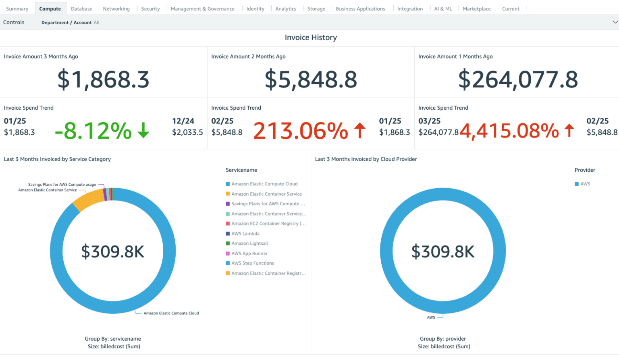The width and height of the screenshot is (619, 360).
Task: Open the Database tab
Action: click(81, 8)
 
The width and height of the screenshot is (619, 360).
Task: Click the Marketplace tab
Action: click(476, 8)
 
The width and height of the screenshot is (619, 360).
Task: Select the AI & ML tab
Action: click(442, 8)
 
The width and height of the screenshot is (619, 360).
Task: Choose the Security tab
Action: click(150, 8)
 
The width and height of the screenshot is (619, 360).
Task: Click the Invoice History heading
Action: click(310, 37)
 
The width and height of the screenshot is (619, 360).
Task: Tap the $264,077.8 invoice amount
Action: click(518, 79)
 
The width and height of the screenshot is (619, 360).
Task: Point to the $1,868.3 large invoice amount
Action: click(103, 79)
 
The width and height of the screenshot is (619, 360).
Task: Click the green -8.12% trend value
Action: click(93, 131)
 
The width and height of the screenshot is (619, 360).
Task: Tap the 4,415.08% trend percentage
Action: click(509, 131)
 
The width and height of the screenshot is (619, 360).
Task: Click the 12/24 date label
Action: click(183, 121)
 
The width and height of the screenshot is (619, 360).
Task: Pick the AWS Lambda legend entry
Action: click(245, 233)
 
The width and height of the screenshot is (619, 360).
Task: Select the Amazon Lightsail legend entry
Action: click(249, 243)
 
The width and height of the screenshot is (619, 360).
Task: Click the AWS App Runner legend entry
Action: click(249, 254)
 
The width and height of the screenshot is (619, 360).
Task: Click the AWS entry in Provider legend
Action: click(585, 184)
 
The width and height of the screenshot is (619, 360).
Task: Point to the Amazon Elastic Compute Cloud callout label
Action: click(171, 313)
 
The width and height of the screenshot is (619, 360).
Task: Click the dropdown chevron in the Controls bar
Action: click(615, 22)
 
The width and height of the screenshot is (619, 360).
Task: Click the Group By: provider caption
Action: click(442, 339)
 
